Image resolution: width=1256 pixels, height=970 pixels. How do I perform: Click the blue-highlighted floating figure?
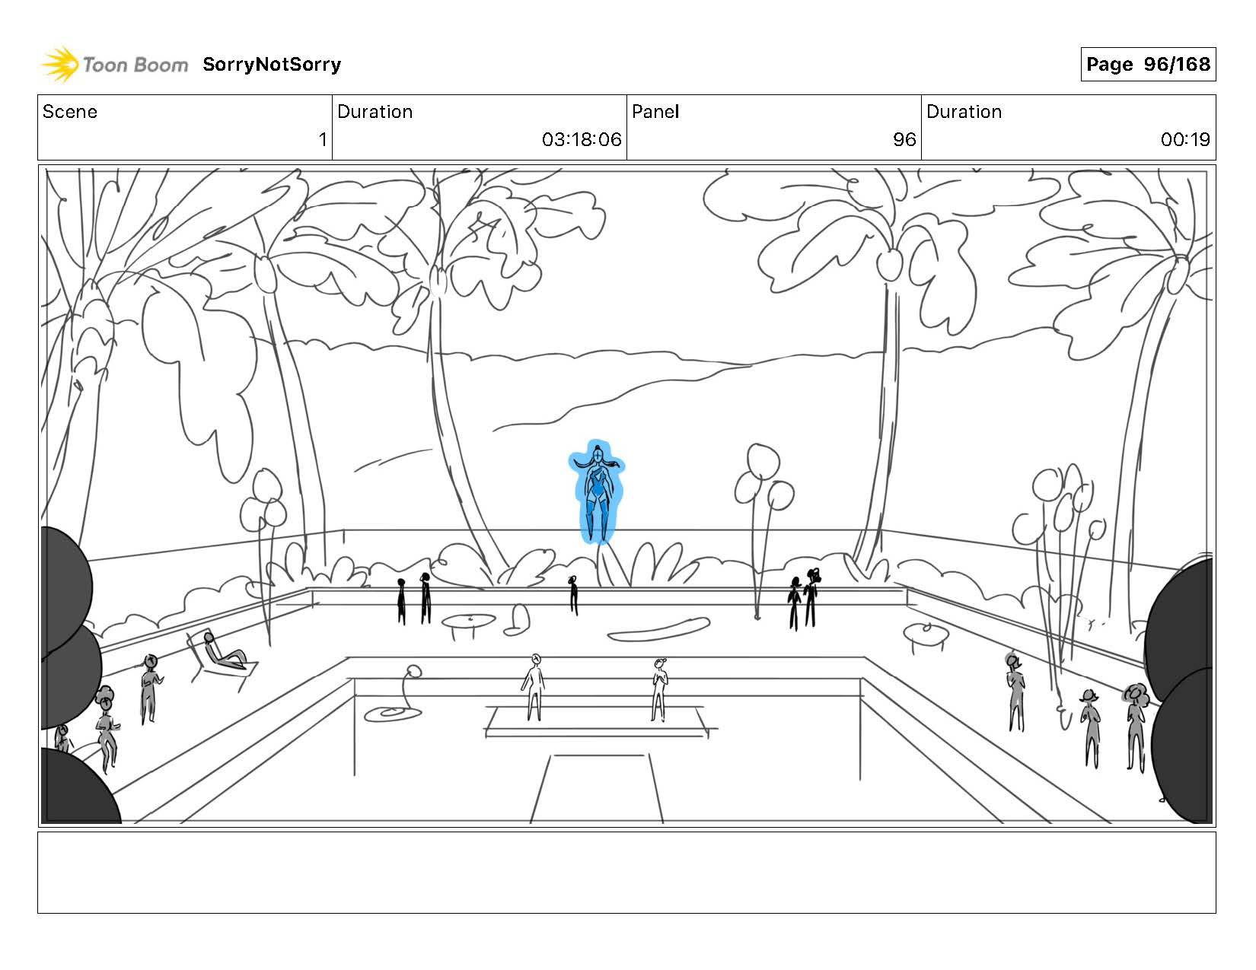coord(598,491)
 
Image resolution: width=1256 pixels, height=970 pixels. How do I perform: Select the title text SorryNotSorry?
coord(272,65)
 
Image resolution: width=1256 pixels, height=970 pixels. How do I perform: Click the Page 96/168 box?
coord(1147,65)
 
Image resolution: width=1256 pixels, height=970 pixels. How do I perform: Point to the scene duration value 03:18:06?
coord(582,140)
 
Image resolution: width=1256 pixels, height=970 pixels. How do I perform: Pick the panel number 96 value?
coord(904,140)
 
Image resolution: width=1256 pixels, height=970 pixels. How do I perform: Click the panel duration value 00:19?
coord(1184,140)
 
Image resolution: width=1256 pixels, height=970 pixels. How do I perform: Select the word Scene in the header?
coord(70,112)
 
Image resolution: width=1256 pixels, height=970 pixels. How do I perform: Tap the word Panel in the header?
coord(655,112)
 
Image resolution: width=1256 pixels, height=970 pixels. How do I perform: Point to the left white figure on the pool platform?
coord(534,686)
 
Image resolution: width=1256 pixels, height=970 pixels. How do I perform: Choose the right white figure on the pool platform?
coord(659,689)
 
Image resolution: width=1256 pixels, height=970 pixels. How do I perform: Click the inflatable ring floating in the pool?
coord(391,713)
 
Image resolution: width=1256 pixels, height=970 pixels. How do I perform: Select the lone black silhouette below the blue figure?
coord(573,594)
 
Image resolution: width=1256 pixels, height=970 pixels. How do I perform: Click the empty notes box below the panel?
coord(626,872)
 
